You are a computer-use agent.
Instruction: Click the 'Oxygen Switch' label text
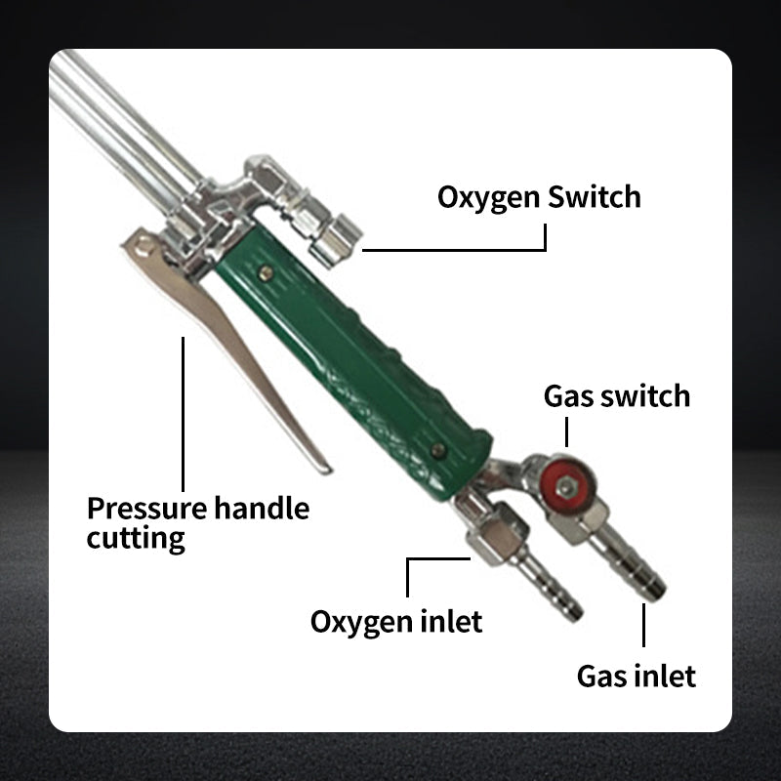click(539, 196)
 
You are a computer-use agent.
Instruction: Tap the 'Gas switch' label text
click(616, 395)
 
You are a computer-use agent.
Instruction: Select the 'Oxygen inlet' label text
click(395, 620)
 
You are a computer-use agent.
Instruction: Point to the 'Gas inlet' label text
click(636, 675)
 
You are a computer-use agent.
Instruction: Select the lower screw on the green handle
click(438, 450)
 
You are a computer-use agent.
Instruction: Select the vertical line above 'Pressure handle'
click(183, 410)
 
